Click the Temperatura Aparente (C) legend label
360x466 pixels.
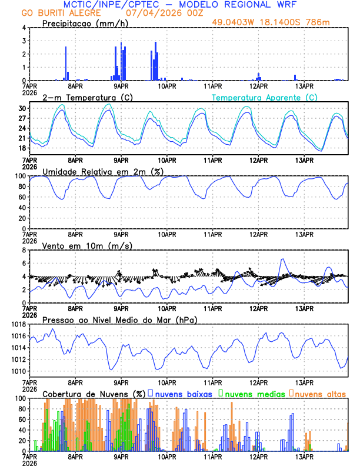click(x=264, y=97)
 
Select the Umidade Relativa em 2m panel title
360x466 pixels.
click(x=102, y=171)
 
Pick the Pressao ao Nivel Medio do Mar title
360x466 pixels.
click(x=119, y=319)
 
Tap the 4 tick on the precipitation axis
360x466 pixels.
click(x=24, y=28)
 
